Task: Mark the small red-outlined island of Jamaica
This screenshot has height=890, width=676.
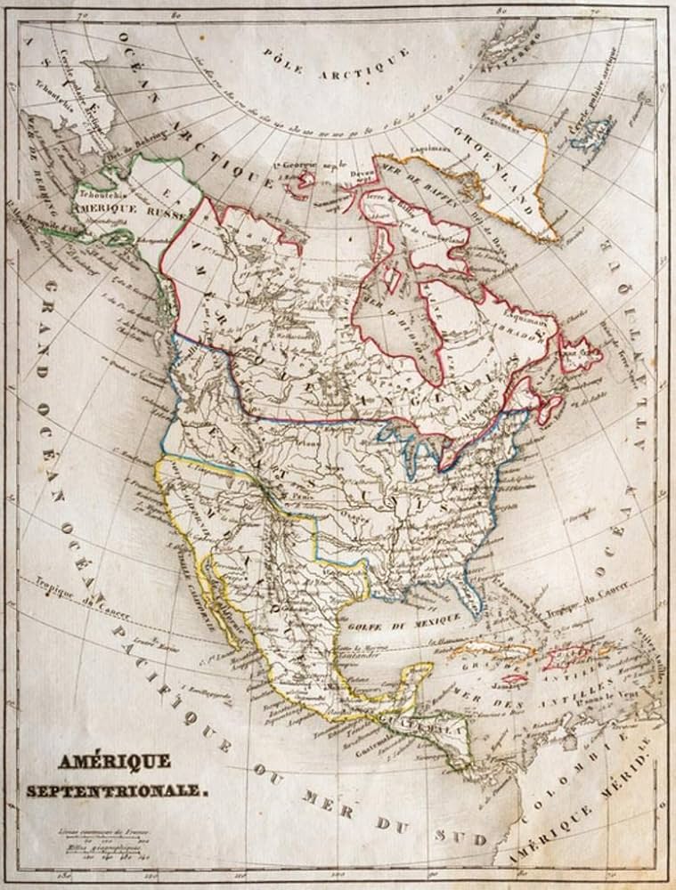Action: click(x=514, y=678)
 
